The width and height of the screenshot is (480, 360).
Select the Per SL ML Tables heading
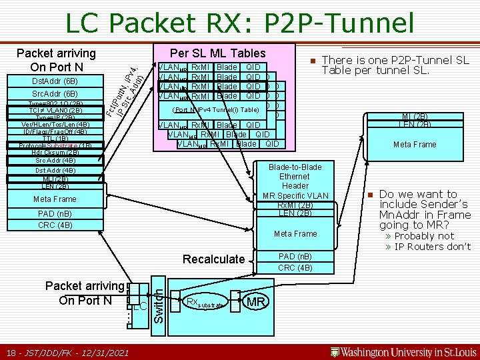click(x=217, y=53)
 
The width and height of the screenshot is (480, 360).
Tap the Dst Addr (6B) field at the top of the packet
click(x=55, y=81)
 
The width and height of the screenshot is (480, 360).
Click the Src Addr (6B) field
click(x=55, y=94)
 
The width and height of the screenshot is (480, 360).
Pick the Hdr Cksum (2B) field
click(x=55, y=153)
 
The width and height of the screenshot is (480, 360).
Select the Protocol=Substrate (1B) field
click(x=55, y=145)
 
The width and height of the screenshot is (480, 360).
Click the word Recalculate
click(x=213, y=259)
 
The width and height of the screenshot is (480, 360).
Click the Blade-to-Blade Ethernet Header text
click(x=295, y=177)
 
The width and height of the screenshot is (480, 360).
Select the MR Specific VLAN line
click(x=295, y=195)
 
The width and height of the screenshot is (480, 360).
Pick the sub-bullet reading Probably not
click(x=423, y=236)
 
